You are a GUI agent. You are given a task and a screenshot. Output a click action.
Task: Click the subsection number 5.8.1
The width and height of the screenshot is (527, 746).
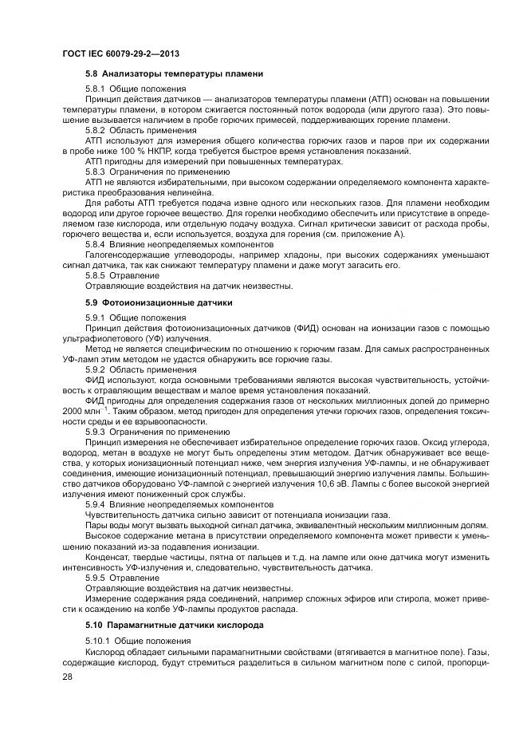point(95,89)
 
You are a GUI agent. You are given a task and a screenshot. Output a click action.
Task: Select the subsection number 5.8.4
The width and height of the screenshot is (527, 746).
point(95,244)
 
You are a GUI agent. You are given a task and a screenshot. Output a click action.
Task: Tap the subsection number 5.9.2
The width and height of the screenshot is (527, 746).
point(95,369)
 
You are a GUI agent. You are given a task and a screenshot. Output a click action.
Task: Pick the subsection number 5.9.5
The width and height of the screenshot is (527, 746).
point(95,578)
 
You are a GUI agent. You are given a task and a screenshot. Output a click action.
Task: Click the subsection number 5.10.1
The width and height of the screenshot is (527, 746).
point(97,640)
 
